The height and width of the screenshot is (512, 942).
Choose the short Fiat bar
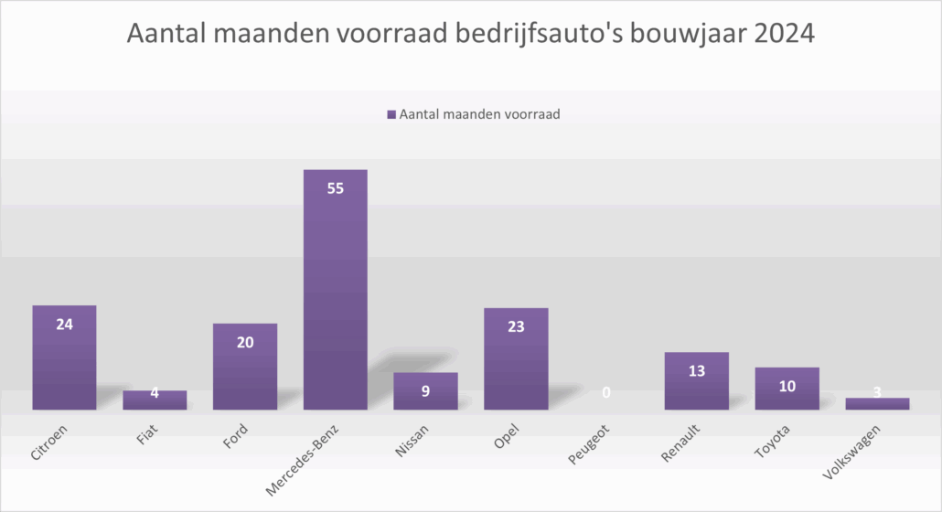tap(155, 400)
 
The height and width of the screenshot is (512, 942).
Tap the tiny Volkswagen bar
tap(877, 403)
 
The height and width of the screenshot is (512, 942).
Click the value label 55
tap(336, 188)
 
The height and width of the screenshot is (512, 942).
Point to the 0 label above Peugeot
tap(606, 393)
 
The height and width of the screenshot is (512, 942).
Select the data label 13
tap(697, 370)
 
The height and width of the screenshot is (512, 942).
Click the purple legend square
tap(391, 115)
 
